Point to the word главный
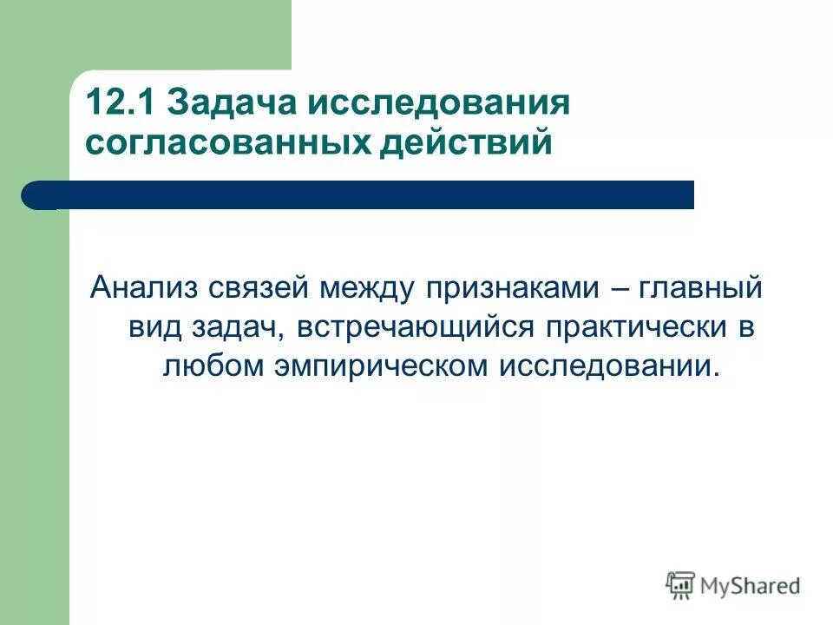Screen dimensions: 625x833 [x=701, y=286]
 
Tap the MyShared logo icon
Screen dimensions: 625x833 [x=681, y=586]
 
